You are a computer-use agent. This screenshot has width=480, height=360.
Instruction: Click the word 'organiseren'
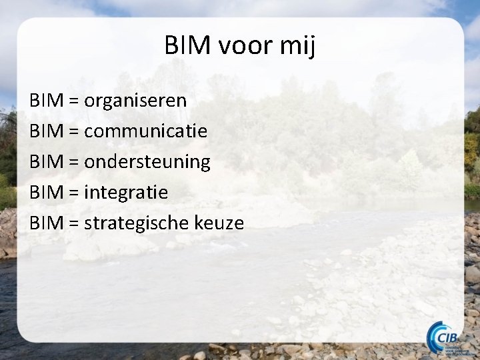135,102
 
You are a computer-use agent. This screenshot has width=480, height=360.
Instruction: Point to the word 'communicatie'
145,131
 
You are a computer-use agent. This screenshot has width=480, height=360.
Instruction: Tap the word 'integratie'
126,193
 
